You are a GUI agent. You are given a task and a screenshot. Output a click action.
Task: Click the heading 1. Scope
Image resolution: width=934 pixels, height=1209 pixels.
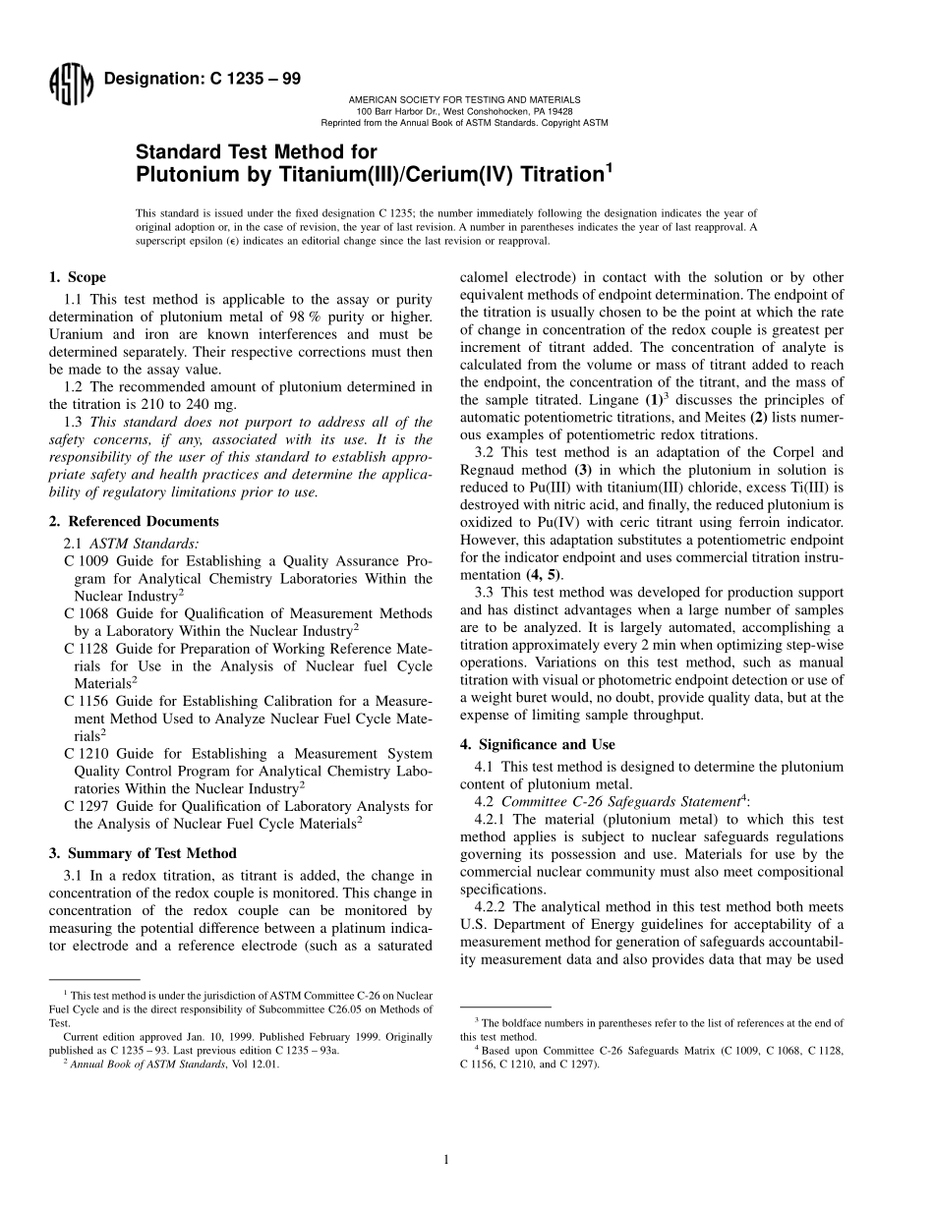78,277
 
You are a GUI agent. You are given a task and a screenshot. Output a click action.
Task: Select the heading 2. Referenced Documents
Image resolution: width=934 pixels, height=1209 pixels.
134,521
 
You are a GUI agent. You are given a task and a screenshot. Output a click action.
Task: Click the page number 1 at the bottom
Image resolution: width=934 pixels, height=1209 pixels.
446,1160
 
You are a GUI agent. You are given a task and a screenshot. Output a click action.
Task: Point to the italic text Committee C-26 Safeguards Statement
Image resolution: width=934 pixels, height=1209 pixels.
620,801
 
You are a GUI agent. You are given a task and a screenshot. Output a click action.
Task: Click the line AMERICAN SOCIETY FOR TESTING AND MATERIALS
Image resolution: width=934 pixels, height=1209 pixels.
464,99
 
